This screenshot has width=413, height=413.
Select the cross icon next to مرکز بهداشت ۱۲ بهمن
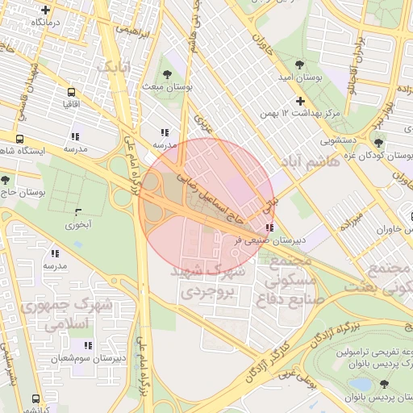301,101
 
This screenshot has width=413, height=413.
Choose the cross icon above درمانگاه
46,10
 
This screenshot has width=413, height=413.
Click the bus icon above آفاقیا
71,93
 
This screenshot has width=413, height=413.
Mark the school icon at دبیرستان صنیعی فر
269,228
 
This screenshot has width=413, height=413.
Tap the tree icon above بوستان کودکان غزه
378,143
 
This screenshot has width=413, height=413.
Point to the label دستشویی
337,140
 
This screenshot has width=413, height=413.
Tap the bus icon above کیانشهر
35,398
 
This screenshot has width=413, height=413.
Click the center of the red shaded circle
206,206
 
